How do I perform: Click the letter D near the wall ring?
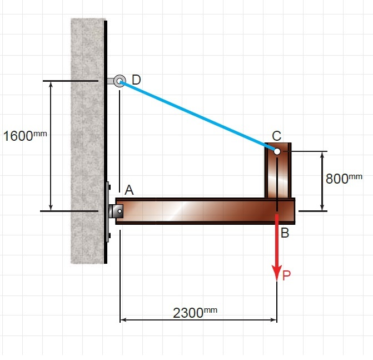136,80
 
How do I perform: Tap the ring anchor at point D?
119,81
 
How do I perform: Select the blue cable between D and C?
197,116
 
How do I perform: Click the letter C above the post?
276,135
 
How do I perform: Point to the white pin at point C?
277,151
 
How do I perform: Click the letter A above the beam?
129,190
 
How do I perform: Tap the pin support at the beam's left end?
117,211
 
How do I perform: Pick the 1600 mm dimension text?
24,136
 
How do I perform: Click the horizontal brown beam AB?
200,211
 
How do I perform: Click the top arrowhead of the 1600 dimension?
51,85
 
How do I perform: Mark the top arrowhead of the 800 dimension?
322,155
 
